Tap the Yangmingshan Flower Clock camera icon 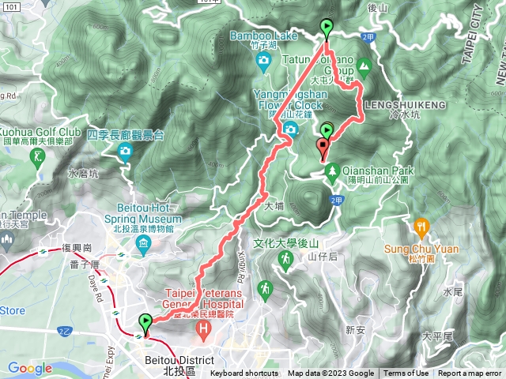coord(291,129)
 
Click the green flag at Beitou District coord(145,322)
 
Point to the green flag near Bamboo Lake coord(327,29)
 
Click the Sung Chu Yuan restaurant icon coord(421,225)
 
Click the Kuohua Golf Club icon coord(39,156)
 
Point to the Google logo coord(29,369)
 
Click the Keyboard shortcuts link coord(244,373)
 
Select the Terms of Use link coord(406,373)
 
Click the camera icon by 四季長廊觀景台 coord(124,151)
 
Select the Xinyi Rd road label coord(237,276)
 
